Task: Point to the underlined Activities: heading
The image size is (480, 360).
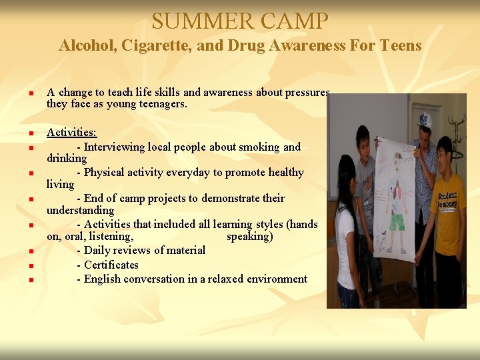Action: [x=71, y=133]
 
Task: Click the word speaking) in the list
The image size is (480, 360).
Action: [x=249, y=237]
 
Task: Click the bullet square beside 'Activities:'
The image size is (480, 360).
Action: [x=31, y=134]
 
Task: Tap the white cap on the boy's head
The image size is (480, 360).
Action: [x=423, y=120]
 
